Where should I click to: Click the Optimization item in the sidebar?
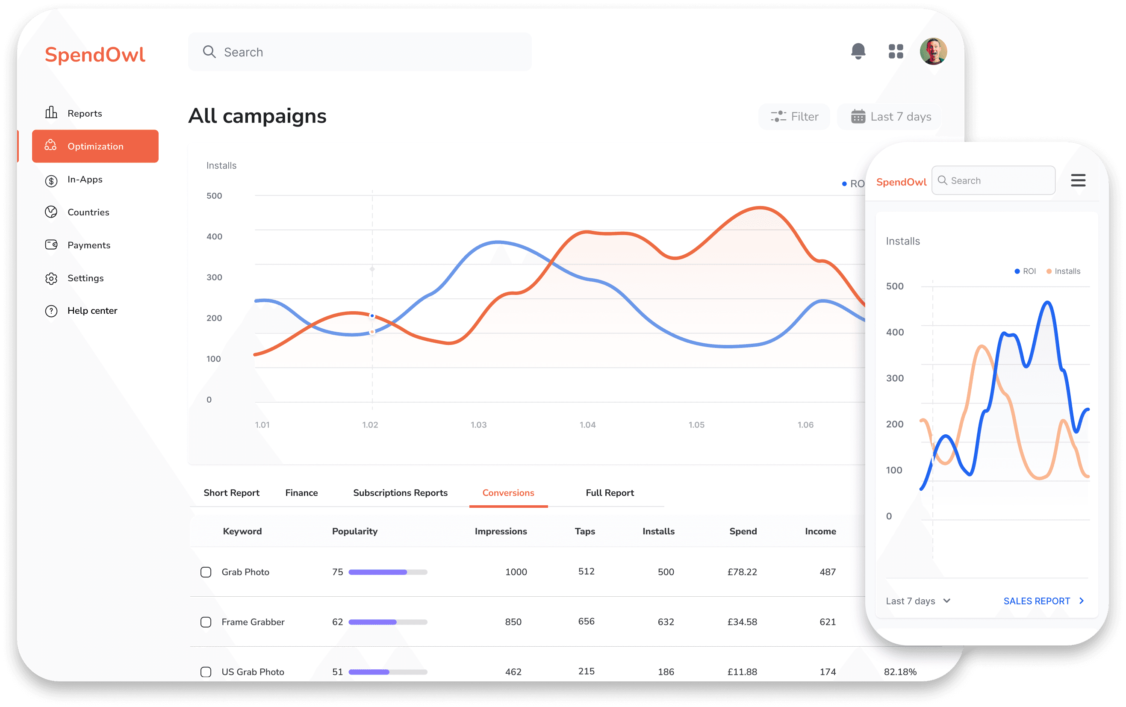pos(95,146)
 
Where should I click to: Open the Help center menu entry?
pos(91,311)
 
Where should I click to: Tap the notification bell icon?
pos(858,51)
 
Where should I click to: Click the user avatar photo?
pos(933,51)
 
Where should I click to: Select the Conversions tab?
pos(508,493)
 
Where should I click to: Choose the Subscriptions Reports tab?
pos(400,493)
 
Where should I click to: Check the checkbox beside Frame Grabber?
pos(206,622)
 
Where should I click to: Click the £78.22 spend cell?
pos(742,572)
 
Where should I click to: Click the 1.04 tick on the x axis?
pos(587,424)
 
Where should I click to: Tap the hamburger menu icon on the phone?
pos(1078,180)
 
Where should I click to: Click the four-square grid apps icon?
pos(896,51)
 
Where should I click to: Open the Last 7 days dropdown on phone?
pos(917,601)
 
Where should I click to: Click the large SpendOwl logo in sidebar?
pos(95,55)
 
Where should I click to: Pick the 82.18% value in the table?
pos(900,672)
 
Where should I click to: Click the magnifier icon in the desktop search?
pos(209,52)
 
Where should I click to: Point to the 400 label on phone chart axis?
pos(895,332)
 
